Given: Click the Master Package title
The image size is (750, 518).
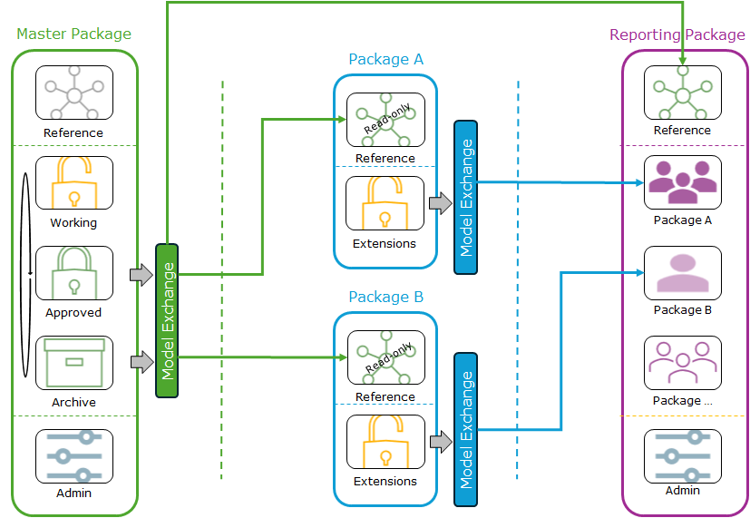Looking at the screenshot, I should pos(73,34).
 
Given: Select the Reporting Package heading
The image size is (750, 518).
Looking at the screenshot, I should pos(677,35).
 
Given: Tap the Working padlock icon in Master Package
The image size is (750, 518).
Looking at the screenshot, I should pos(74,184).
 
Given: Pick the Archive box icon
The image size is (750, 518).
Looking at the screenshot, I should pos(74,364).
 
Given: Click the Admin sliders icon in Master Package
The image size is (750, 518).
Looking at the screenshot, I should pos(74,456).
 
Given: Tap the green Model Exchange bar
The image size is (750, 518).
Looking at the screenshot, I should pos(167,320).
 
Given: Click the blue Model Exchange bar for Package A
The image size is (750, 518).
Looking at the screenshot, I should pos(465,197).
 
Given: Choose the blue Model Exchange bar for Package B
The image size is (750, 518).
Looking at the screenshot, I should pos(465,429).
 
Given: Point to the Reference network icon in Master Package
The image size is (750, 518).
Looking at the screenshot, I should pos(74,93).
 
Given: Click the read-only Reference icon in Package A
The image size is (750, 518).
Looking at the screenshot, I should pos(385,120).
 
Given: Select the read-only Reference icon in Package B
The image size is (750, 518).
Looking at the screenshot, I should pos(385,358).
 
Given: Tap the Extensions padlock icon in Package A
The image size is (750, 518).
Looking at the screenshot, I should pos(385,203).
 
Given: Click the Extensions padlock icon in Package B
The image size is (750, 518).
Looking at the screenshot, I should pos(385,442).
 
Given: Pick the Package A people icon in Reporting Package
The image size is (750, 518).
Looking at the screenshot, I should pos(682,183).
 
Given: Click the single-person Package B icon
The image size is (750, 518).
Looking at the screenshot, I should pos(682,273).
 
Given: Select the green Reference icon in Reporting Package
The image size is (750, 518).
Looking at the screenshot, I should pos(682,93).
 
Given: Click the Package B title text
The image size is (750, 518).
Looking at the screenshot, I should pos(385,297).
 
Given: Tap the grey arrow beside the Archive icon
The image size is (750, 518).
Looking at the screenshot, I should pos(141,363).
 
